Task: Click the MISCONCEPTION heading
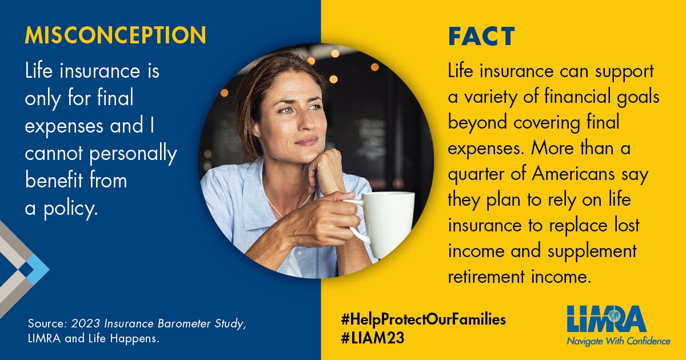coord(115,35)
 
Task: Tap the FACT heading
coord(481,37)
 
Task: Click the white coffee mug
coord(383,222)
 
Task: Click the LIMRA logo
coord(607,319)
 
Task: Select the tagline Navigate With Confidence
coord(619,341)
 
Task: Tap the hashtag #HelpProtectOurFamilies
coord(423,319)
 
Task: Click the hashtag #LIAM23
coord(372,338)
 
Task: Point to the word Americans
coord(573,174)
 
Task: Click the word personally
coord(133,154)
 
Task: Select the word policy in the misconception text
coord(71,209)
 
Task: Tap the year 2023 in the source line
coord(85,324)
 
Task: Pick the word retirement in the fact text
coord(486,277)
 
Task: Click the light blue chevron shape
coord(37,269)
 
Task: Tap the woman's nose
coord(307,122)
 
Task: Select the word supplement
coord(592,251)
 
